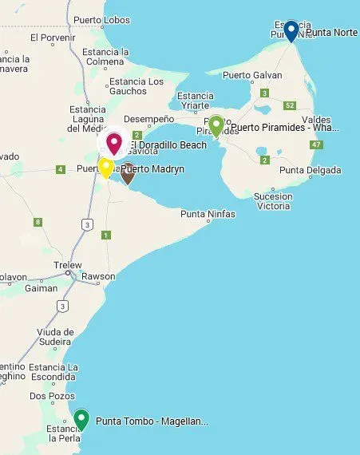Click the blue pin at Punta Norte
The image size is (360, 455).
point(291,30)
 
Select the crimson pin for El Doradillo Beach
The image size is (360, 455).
point(114,143)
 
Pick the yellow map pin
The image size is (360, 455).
point(105,167)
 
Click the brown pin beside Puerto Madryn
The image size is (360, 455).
point(127,172)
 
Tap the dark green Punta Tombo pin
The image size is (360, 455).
point(81,418)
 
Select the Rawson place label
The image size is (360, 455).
point(98,277)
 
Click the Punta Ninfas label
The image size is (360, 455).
point(207,214)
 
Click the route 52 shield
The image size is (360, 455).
point(290,105)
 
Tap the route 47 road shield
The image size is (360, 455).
point(317,144)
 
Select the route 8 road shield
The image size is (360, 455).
point(38,222)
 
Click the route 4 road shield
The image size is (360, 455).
point(60,169)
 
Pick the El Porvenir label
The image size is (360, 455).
point(52,37)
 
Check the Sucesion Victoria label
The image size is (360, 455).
point(273,200)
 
